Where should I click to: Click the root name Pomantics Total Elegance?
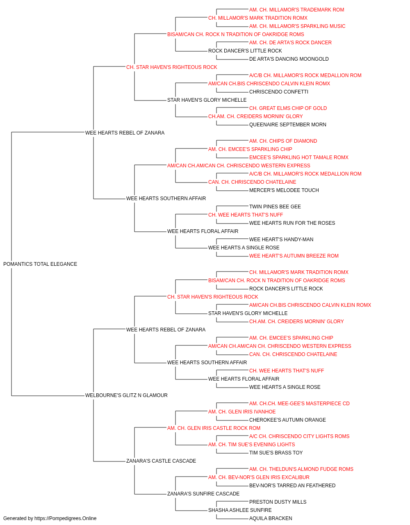(40, 264)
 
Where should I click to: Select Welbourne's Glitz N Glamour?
(126, 395)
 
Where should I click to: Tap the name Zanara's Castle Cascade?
(161, 461)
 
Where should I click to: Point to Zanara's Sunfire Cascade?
(203, 493)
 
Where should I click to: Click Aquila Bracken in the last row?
(271, 518)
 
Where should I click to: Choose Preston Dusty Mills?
(278, 502)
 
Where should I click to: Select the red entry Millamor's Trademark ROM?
(296, 10)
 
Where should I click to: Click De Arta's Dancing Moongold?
(289, 59)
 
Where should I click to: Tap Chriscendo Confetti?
(279, 92)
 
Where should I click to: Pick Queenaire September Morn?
(287, 125)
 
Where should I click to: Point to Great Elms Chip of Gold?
(288, 108)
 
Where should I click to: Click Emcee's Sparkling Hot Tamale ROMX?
(299, 157)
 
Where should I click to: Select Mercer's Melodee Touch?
(284, 190)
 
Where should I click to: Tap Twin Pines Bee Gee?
(275, 207)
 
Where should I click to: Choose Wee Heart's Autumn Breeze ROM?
(294, 256)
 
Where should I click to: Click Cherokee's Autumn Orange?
(287, 420)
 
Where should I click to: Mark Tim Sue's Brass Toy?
(276, 453)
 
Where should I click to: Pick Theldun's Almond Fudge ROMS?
(301, 469)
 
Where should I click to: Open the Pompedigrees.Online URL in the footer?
(65, 518)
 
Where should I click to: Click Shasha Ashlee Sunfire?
(240, 510)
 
